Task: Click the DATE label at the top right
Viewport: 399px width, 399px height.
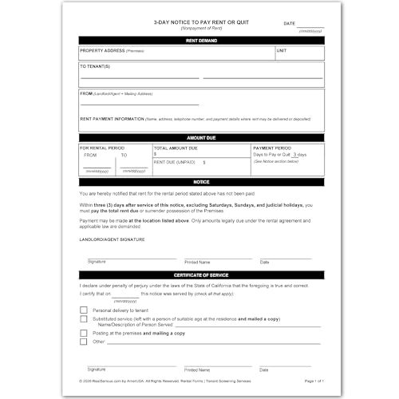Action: pos(290,24)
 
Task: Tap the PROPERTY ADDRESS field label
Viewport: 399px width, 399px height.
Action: pos(101,50)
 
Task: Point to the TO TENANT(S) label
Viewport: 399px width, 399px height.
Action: pos(95,66)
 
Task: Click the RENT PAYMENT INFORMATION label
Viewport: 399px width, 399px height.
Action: pos(114,118)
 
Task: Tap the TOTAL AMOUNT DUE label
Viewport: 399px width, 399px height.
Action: pos(175,148)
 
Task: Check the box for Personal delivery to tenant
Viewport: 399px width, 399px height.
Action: pos(84,310)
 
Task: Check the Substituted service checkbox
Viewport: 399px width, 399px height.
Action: pos(84,319)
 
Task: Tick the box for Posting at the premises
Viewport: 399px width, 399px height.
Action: pos(84,332)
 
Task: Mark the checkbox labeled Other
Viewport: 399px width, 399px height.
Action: pos(84,342)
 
